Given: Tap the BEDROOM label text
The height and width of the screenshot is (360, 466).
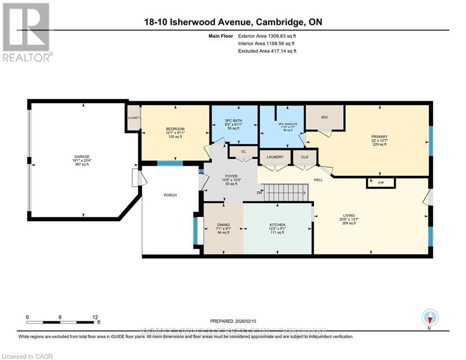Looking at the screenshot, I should (175, 129).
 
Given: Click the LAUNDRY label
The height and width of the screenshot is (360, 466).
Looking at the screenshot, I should (275, 157).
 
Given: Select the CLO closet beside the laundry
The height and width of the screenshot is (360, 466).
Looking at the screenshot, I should (304, 157).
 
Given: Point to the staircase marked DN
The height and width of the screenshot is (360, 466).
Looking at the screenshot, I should (286, 193).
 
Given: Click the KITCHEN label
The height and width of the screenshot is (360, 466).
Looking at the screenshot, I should (277, 225).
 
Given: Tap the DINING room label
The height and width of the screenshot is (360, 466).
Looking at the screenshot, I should (223, 225).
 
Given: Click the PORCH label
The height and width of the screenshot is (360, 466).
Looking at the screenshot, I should (170, 195).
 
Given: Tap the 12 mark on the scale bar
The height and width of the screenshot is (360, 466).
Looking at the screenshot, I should (95, 317).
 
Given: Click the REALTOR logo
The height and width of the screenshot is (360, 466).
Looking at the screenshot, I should (27, 32).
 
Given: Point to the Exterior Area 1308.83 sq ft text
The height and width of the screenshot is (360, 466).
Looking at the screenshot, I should (267, 35).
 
